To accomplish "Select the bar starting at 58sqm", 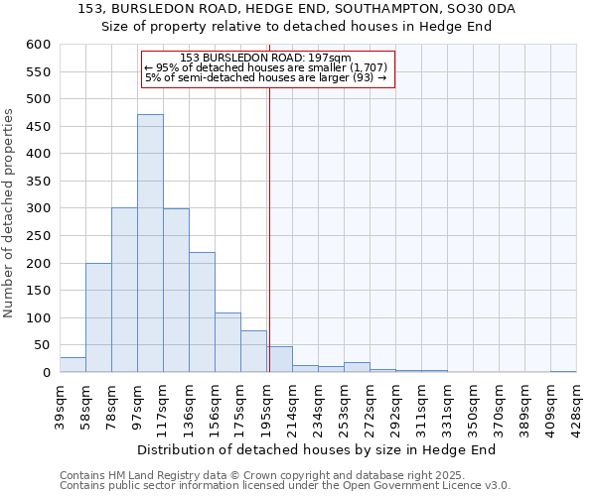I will tap(98, 317).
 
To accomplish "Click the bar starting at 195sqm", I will tap(280, 360).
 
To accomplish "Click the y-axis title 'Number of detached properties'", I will tap(9, 213).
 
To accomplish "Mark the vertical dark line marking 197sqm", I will tap(269, 228).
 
